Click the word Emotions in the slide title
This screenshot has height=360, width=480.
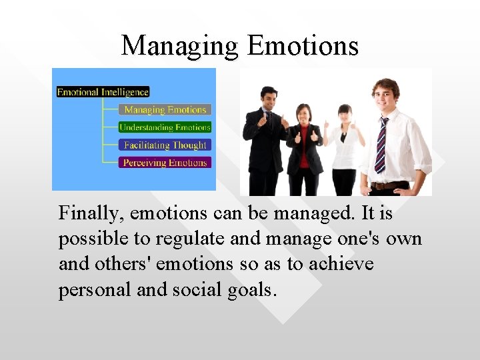pos(303,46)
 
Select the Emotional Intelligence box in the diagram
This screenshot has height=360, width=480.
pos(103,92)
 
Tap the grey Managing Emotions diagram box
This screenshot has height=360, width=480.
pos(165,109)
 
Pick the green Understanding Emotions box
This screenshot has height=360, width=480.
pos(165,127)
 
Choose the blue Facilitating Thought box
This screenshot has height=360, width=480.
pos(165,145)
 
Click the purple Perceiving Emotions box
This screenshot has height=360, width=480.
pos(165,162)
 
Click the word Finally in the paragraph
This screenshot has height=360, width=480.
pos(91,213)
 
